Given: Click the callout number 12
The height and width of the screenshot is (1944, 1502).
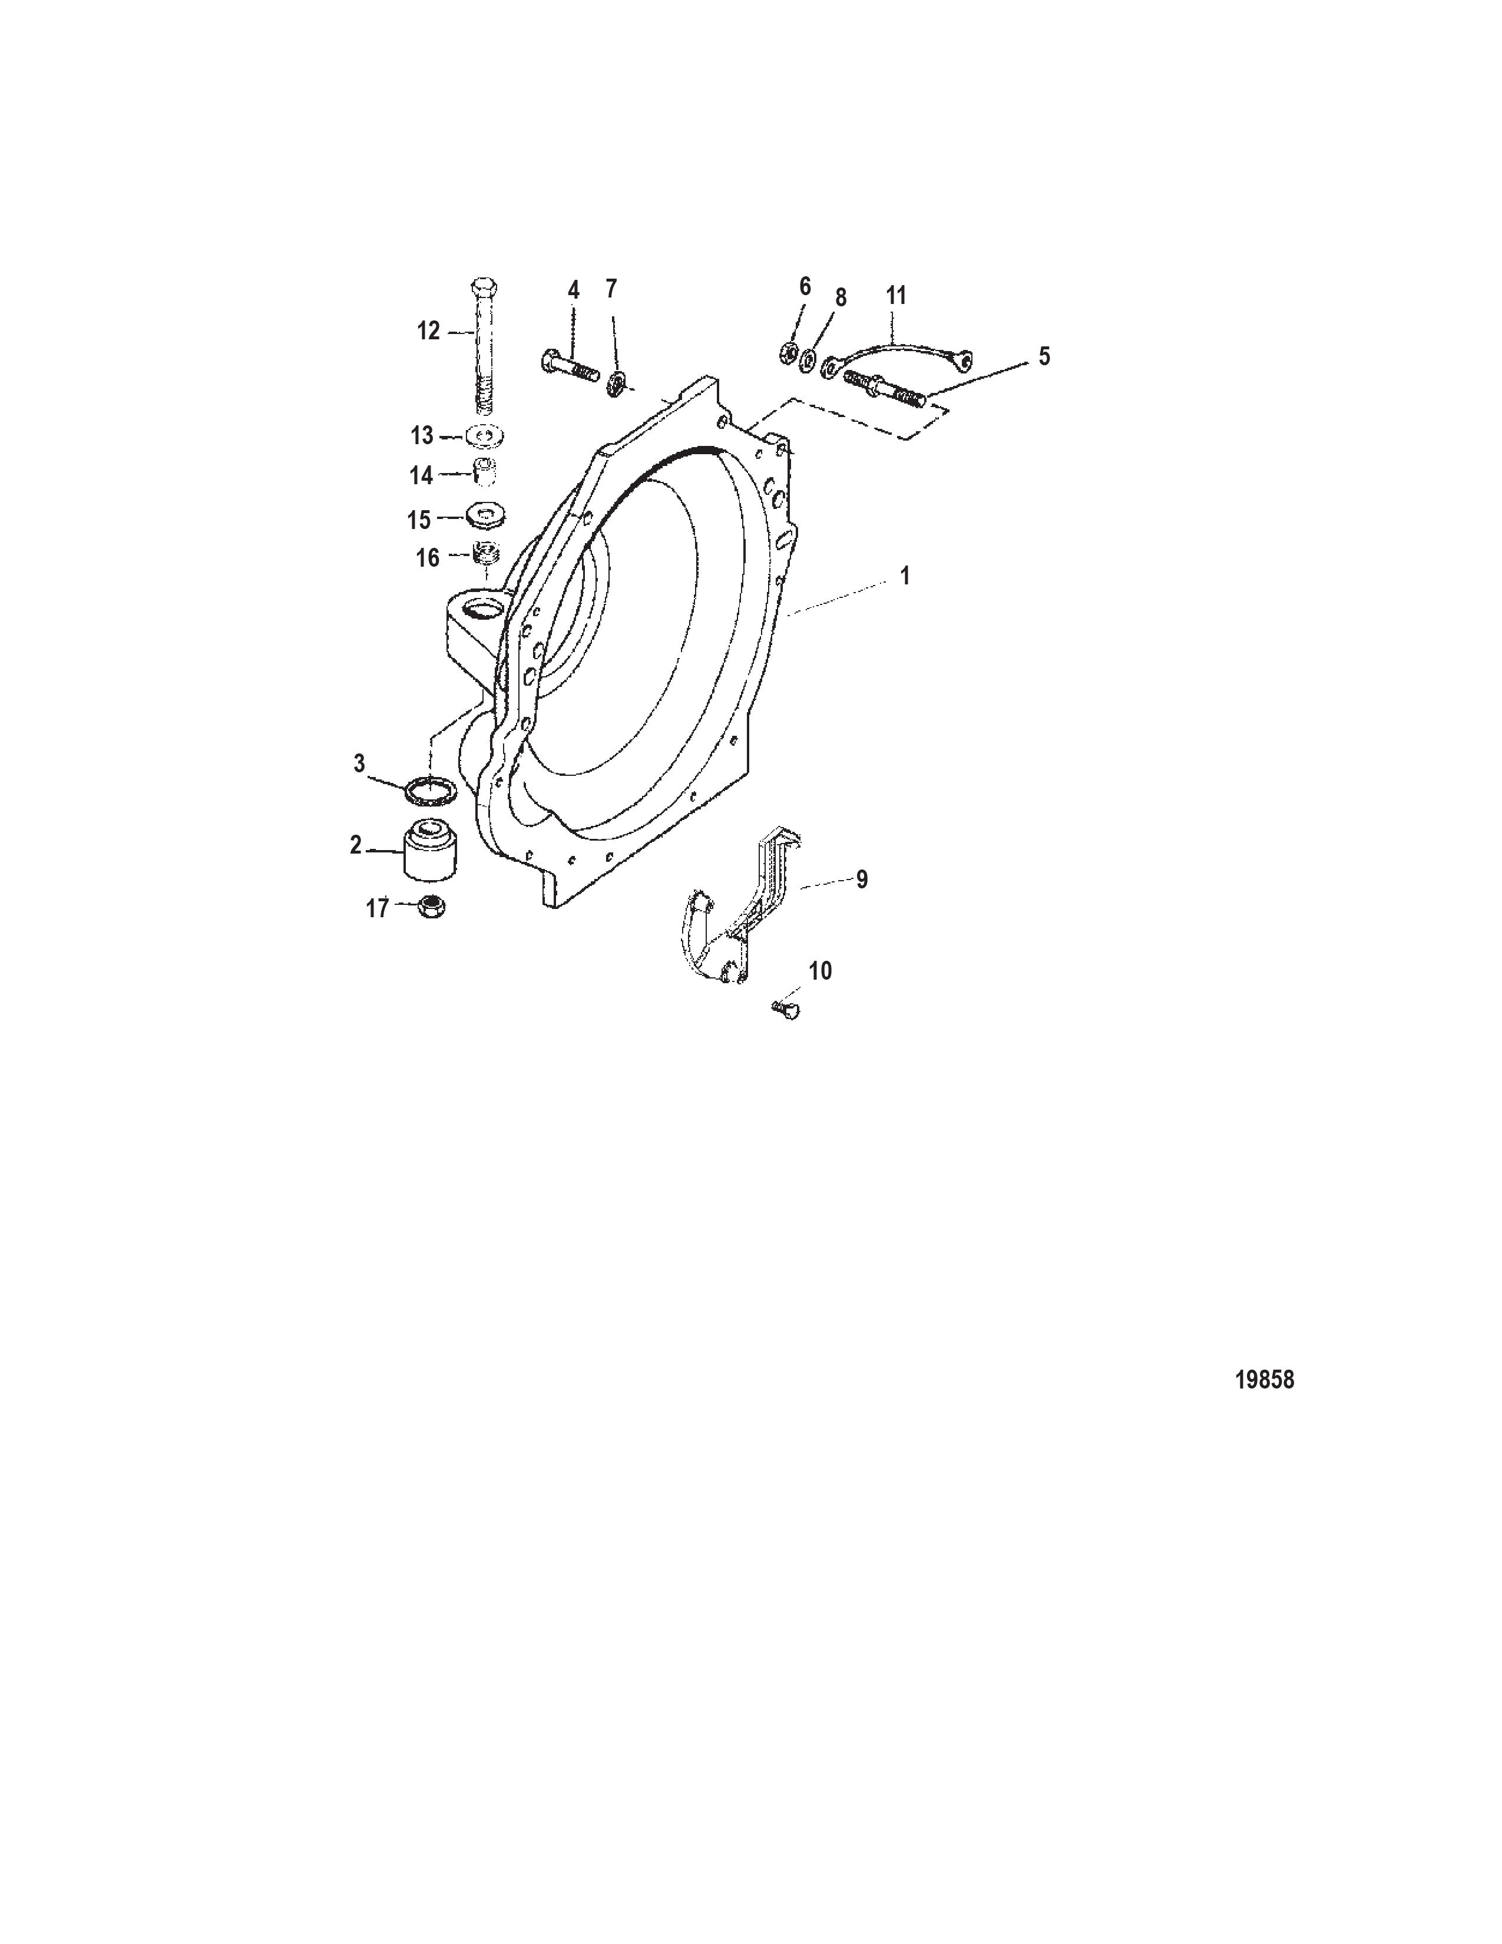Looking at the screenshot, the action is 429,331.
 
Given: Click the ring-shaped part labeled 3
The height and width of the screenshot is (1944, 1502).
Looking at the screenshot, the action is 431,789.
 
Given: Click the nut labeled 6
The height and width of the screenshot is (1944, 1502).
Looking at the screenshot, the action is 788,352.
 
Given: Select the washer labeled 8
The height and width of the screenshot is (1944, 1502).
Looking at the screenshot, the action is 808,359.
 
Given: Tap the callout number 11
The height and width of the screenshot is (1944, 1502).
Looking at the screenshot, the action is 896,296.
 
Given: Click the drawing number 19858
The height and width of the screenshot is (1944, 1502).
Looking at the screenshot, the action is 1265,1380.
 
